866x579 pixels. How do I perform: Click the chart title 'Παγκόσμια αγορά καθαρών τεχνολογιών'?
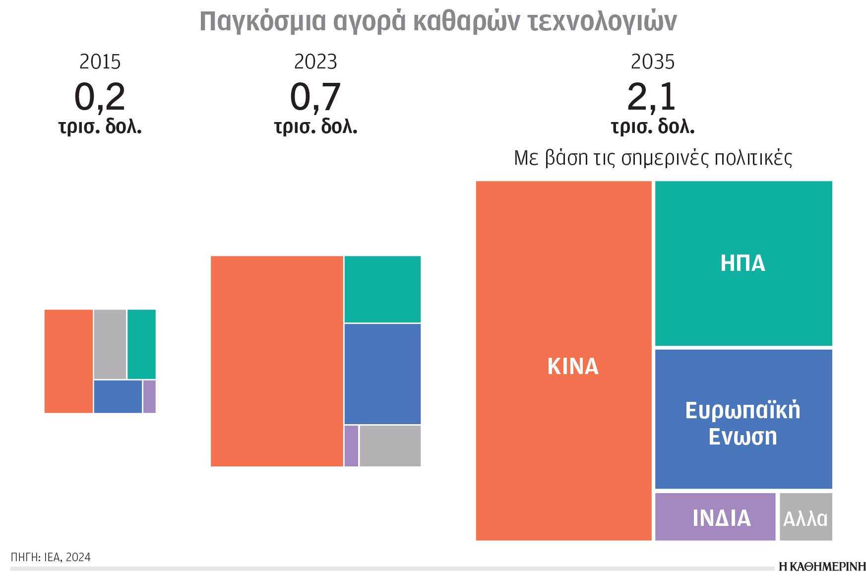(438, 22)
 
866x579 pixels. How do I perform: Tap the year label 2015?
(100, 62)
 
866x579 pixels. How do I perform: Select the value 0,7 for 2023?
(315, 97)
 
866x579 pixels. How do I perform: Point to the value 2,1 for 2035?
(652, 97)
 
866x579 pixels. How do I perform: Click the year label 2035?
(653, 62)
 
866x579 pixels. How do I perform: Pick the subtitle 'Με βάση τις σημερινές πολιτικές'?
(653, 158)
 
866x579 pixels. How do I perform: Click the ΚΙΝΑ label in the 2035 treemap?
(573, 367)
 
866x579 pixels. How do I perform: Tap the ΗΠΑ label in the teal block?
(742, 263)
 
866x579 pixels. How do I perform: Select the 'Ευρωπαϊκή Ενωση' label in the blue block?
(742, 423)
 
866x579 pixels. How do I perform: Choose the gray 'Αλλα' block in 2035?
(805, 517)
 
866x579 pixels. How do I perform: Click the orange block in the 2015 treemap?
(68, 361)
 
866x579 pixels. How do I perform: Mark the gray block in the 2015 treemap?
(110, 344)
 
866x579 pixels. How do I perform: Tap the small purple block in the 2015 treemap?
(149, 396)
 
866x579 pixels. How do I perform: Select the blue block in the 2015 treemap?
(118, 396)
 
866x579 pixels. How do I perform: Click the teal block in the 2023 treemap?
(382, 289)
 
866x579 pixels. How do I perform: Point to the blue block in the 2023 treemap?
(382, 374)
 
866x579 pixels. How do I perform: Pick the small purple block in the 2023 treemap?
(351, 446)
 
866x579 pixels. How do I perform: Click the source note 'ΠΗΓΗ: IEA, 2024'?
(51, 557)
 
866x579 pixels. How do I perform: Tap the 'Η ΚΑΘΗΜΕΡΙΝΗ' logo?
(822, 567)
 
